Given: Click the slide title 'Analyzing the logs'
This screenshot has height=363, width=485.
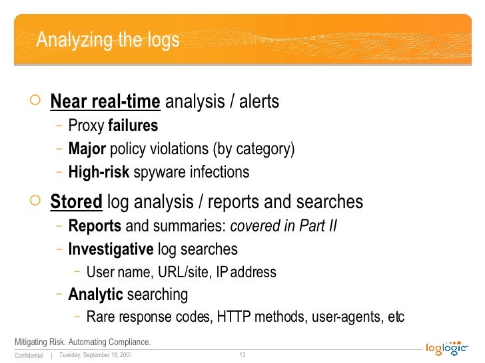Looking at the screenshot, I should (108, 41).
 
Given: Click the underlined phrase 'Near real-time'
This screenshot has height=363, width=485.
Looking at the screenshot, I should (105, 102).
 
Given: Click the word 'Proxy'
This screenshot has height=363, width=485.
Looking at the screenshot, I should (86, 125).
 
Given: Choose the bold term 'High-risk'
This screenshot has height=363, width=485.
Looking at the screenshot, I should (99, 172).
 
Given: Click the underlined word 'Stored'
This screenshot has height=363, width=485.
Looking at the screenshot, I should (76, 201).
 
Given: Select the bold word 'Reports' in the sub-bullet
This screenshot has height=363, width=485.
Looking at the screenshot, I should (95, 226).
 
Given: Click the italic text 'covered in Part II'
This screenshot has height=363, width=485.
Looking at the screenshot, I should (284, 226).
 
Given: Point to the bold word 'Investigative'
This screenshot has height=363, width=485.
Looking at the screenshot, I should (111, 249).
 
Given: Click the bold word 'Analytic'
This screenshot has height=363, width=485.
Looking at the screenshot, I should (95, 295).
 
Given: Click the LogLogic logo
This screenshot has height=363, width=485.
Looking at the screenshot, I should (447, 348).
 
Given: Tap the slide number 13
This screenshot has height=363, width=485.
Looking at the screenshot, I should (242, 354).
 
